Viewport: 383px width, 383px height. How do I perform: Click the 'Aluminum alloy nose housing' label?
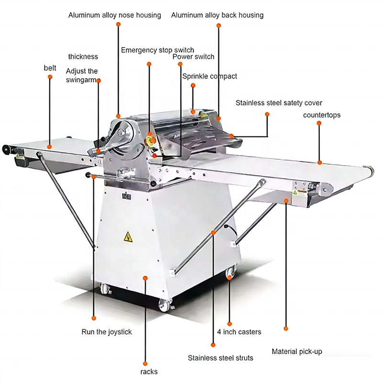point(114,15)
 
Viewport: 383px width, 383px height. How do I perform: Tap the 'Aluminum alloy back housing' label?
point(217,15)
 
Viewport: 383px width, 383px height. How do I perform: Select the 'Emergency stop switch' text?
point(158,50)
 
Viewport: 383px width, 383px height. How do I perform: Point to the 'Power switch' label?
point(193,56)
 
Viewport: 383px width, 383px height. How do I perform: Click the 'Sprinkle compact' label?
point(210,76)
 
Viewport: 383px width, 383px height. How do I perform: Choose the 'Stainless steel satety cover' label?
point(279,103)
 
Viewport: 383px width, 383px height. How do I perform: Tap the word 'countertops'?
point(322,115)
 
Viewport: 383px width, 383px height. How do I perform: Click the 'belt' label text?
point(50,68)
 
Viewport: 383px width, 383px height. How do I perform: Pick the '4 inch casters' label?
point(239,332)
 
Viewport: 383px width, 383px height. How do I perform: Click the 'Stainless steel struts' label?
point(220,358)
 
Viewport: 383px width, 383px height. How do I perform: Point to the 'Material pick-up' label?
point(297,351)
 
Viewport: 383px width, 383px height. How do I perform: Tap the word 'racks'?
point(149,372)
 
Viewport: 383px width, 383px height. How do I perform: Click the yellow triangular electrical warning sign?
point(128,236)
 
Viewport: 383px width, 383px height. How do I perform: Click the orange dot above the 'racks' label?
point(145,277)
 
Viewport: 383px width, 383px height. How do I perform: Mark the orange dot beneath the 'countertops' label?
point(320,162)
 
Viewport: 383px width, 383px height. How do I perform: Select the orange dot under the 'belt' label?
point(49,146)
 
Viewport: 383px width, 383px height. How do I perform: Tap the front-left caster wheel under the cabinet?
point(105,289)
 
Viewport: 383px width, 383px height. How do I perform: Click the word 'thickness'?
point(83,56)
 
